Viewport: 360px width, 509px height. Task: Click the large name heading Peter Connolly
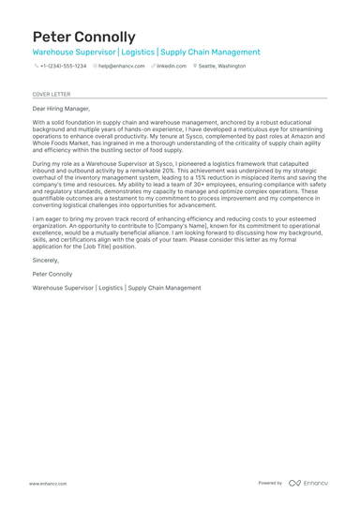83,37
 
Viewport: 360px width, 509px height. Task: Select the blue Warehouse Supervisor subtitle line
146,52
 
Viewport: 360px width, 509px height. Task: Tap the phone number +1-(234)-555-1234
63,67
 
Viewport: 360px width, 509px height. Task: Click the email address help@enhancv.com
121,67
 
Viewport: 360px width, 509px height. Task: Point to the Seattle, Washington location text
222,67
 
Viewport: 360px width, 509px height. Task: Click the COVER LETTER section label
51,95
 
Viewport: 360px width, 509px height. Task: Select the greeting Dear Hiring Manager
63,109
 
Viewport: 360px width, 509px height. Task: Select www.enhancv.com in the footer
47,483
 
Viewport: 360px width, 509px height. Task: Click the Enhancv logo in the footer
308,483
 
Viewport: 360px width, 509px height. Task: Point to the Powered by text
270,483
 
